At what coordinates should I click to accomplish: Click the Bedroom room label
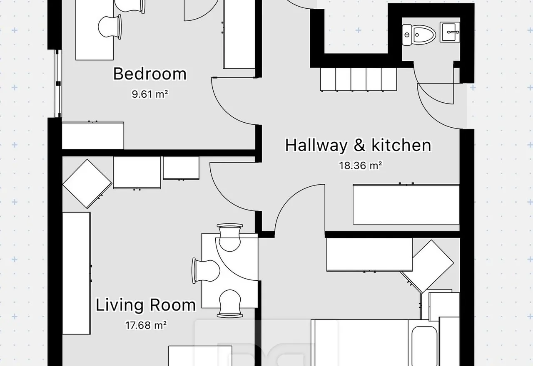(x=149, y=74)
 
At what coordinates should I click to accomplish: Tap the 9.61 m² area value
(x=150, y=94)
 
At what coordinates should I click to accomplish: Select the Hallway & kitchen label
(x=358, y=145)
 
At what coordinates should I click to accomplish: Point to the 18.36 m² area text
(x=361, y=166)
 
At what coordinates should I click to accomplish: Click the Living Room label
(x=146, y=305)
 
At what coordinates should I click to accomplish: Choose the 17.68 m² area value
(x=146, y=325)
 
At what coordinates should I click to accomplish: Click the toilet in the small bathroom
(x=419, y=35)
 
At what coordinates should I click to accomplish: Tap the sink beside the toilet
(x=450, y=32)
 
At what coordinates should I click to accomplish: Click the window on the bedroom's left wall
(x=58, y=84)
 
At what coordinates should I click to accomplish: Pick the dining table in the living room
(x=229, y=270)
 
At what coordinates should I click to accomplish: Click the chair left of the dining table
(x=206, y=271)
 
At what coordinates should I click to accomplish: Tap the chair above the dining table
(x=229, y=237)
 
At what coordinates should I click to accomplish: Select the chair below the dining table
(x=230, y=304)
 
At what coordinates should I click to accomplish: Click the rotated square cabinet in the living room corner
(x=87, y=184)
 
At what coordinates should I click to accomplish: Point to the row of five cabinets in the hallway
(x=359, y=79)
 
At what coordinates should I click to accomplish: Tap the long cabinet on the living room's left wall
(x=76, y=274)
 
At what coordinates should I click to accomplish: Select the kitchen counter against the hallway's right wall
(x=406, y=204)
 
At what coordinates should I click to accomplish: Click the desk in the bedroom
(x=95, y=30)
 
